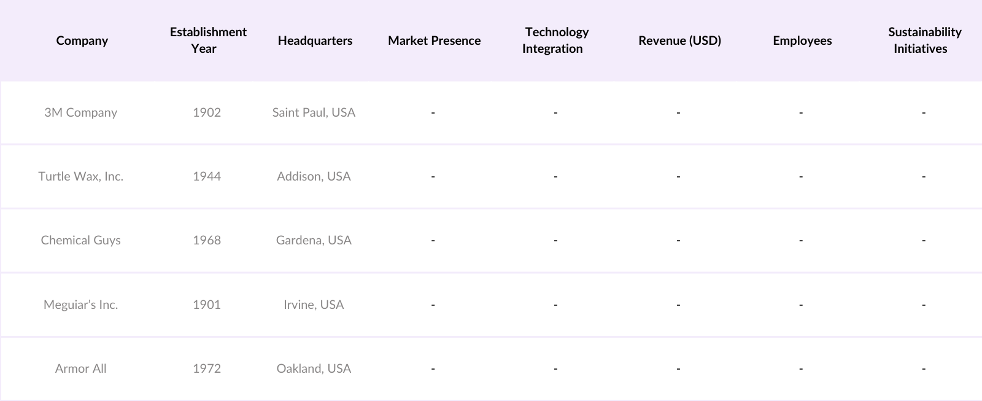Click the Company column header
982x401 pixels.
[82, 41]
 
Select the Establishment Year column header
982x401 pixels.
[208, 41]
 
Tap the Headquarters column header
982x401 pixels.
[315, 41]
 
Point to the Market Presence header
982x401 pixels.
[434, 41]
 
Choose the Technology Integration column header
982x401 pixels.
[555, 41]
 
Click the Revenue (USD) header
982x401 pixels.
[679, 41]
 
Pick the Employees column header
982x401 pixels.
[802, 41]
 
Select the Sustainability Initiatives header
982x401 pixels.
[924, 41]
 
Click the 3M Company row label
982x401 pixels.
[80, 112]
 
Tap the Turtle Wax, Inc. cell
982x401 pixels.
[80, 176]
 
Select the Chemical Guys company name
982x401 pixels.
[80, 240]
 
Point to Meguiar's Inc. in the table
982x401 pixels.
[80, 305]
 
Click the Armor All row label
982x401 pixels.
[80, 368]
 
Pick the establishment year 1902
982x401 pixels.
[207, 112]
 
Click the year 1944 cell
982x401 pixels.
[207, 176]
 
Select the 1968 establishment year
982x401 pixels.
[207, 240]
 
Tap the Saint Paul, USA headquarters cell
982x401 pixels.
[314, 112]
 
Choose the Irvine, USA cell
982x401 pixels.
[314, 305]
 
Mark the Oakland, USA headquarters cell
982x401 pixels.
[314, 368]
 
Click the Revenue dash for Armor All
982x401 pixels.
[678, 368]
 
